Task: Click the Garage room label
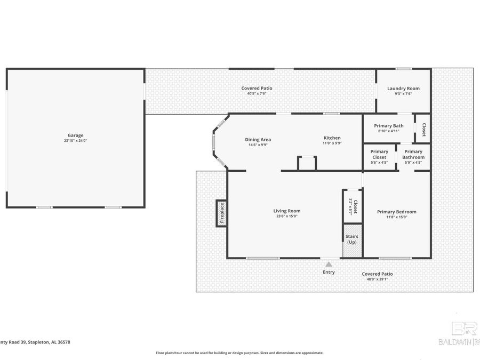pyautogui.click(x=75, y=135)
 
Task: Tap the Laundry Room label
pyautogui.click(x=403, y=89)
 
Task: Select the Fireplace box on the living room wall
pyautogui.click(x=222, y=213)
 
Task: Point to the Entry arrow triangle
pyautogui.click(x=329, y=263)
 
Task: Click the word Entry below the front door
pyautogui.click(x=329, y=273)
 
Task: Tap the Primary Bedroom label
pyautogui.click(x=396, y=212)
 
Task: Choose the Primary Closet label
pyautogui.click(x=379, y=154)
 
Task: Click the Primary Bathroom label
pyautogui.click(x=413, y=154)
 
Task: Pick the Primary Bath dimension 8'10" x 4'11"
pyautogui.click(x=388, y=131)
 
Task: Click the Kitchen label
pyautogui.click(x=331, y=138)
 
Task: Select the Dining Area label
pyautogui.click(x=258, y=140)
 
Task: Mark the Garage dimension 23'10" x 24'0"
pyautogui.click(x=75, y=141)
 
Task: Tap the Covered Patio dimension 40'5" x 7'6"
pyautogui.click(x=257, y=93)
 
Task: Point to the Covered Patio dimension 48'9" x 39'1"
pyautogui.click(x=377, y=279)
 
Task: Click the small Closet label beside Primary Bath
pyautogui.click(x=424, y=129)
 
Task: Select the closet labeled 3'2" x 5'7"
pyautogui.click(x=352, y=206)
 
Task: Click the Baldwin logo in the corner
pyautogui.click(x=464, y=333)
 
